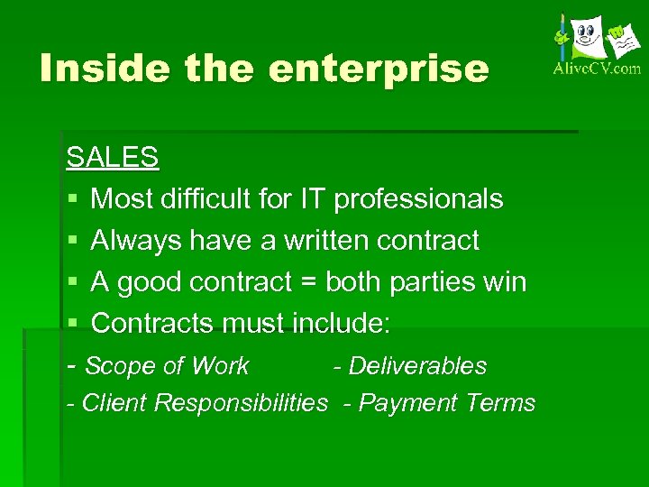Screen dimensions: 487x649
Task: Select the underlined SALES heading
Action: coord(113,157)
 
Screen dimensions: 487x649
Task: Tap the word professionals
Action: coord(418,198)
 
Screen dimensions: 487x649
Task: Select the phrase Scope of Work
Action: coord(167,366)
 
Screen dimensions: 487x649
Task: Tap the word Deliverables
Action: coord(417,366)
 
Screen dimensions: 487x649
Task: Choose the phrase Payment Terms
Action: coord(447,402)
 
